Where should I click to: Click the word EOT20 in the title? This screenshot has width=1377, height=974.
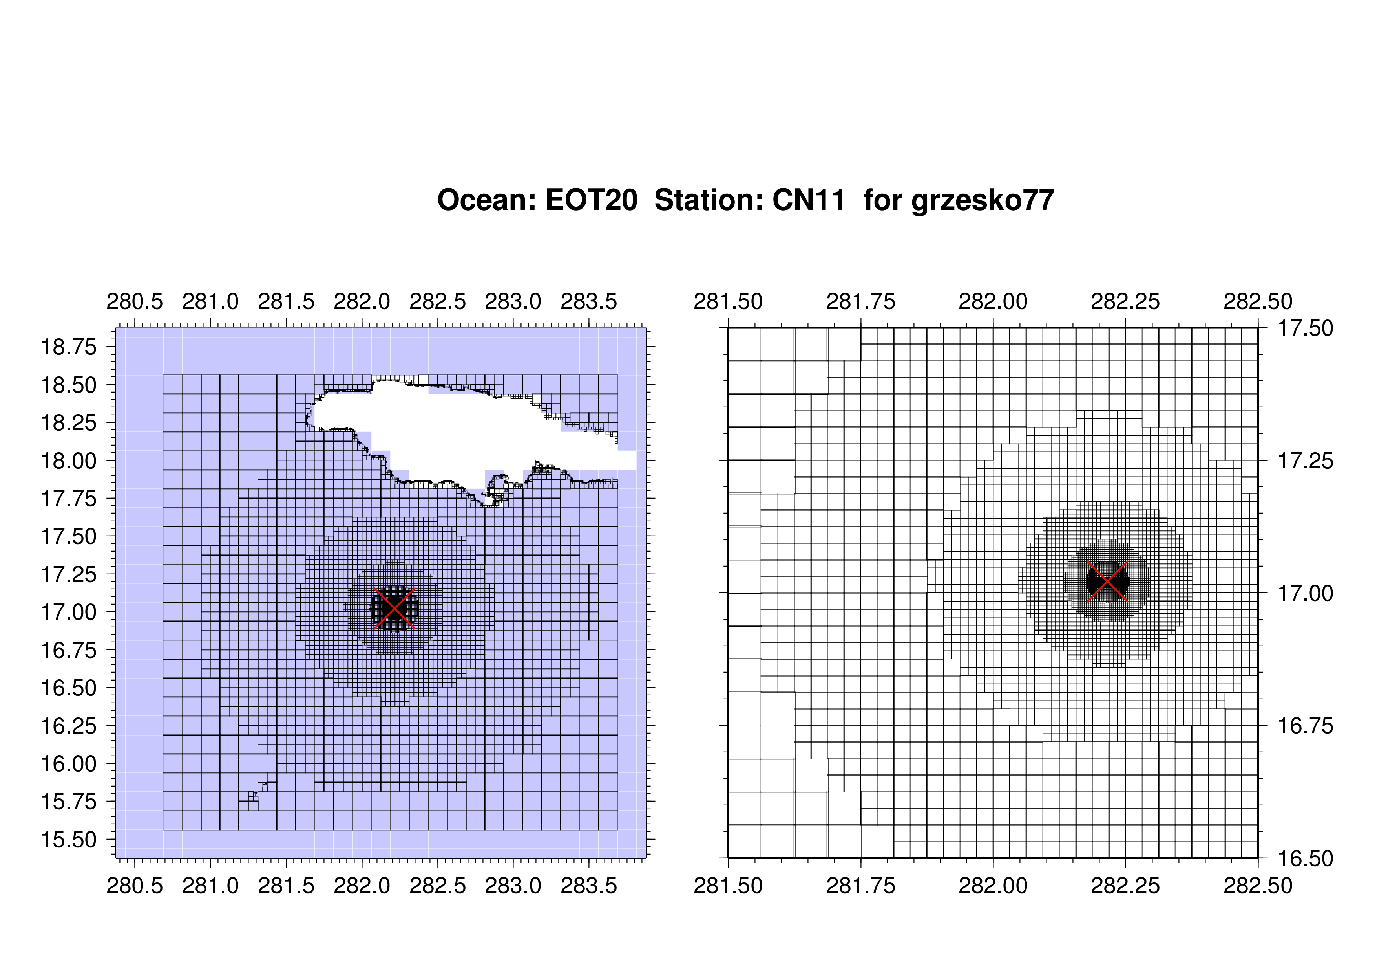point(591,200)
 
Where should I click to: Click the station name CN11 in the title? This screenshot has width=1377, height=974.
point(809,200)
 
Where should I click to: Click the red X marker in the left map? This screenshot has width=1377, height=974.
point(394,609)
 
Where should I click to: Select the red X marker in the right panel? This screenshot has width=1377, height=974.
point(1107,581)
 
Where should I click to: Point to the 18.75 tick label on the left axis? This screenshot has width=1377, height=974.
point(68,347)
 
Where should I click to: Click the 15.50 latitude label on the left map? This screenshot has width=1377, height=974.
point(68,840)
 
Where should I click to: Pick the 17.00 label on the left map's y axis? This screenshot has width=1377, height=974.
point(68,612)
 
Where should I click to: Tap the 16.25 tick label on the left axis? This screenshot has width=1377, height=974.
point(68,726)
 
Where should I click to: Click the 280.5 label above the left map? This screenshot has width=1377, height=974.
point(135,301)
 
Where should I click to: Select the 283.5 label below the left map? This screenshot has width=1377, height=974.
point(589,886)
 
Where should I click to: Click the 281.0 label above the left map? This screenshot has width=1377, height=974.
point(210,301)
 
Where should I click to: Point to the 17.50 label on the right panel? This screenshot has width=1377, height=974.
point(1306,328)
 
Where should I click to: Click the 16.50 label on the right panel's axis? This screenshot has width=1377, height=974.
point(1306,859)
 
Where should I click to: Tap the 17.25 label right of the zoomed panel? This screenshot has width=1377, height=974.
point(1306,461)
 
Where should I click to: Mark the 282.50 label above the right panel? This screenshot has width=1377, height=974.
point(1258,301)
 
